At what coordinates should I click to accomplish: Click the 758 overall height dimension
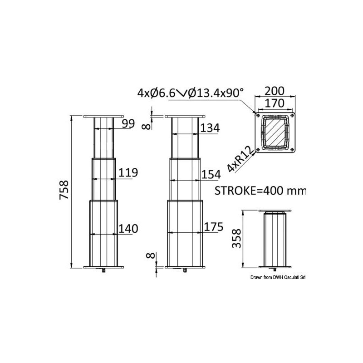click(x=65, y=191)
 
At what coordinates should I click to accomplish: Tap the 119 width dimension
click(x=128, y=172)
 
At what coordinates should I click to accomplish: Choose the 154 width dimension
click(x=210, y=174)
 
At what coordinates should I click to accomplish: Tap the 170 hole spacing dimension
click(x=275, y=103)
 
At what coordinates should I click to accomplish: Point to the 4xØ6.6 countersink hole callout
click(x=191, y=93)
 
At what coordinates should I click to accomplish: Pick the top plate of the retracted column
click(x=275, y=212)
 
